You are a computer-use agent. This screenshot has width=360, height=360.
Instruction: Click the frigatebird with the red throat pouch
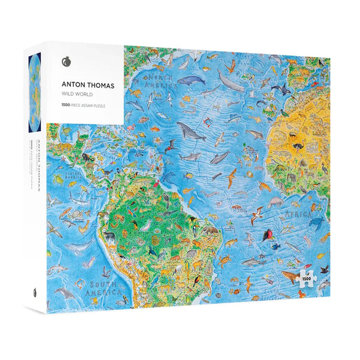pyautogui.click(x=267, y=234)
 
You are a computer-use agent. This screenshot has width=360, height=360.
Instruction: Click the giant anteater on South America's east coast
pyautogui.click(x=211, y=230)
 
